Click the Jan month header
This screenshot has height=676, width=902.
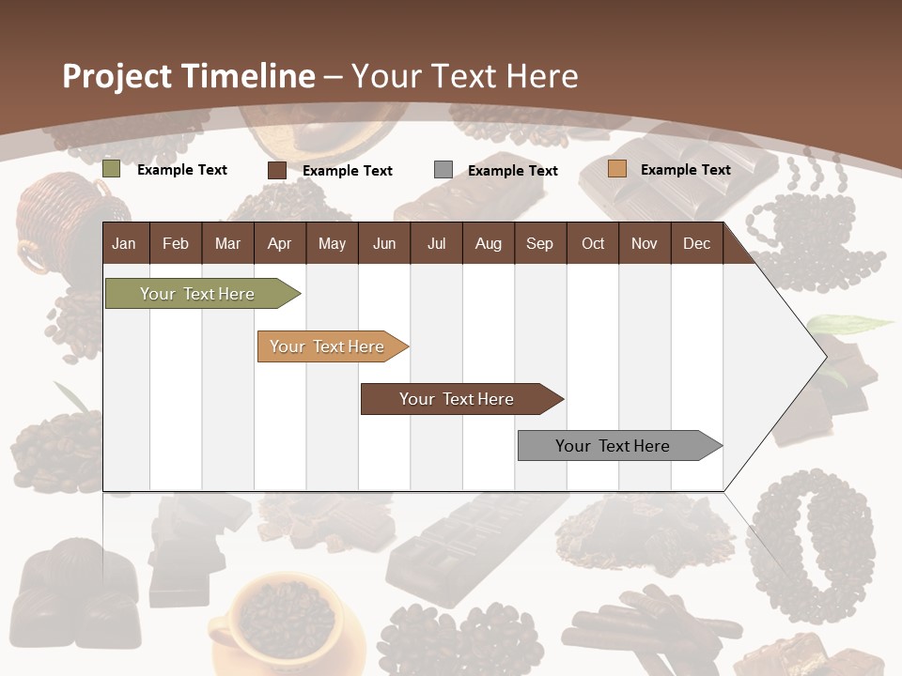coord(124,243)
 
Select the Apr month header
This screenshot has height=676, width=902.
coord(279,243)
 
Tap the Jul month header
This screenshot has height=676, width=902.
coord(436,243)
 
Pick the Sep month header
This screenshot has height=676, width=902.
coord(539,243)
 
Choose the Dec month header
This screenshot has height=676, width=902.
coord(696,243)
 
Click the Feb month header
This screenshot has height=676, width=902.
coord(176,243)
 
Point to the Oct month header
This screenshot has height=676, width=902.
coord(593,243)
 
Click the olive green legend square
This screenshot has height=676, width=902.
coord(112,170)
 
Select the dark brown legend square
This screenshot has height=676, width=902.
coord(277,170)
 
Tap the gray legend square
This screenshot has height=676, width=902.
coord(443,170)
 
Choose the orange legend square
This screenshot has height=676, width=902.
coord(616,169)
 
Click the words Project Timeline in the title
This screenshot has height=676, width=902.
coord(188,76)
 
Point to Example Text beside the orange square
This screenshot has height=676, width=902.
coord(685,170)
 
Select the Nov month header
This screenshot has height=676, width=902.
coord(645,243)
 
